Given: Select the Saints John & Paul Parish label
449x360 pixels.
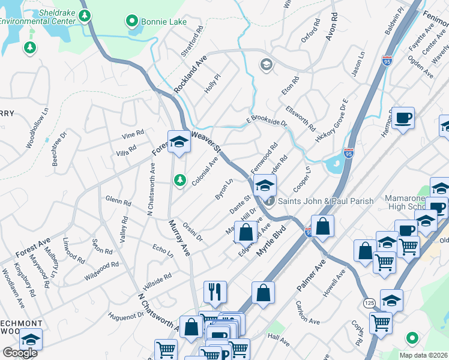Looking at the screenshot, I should click(x=326, y=201).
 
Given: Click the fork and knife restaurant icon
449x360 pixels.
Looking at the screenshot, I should click(x=215, y=292).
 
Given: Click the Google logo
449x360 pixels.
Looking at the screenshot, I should click(x=20, y=353).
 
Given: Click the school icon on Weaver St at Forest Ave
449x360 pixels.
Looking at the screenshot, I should click(x=178, y=142).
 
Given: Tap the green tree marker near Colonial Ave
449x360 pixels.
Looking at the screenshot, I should click(x=179, y=179).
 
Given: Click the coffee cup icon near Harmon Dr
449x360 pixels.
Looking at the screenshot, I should click(x=403, y=118).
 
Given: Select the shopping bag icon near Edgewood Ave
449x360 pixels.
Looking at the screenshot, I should click(x=246, y=232).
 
